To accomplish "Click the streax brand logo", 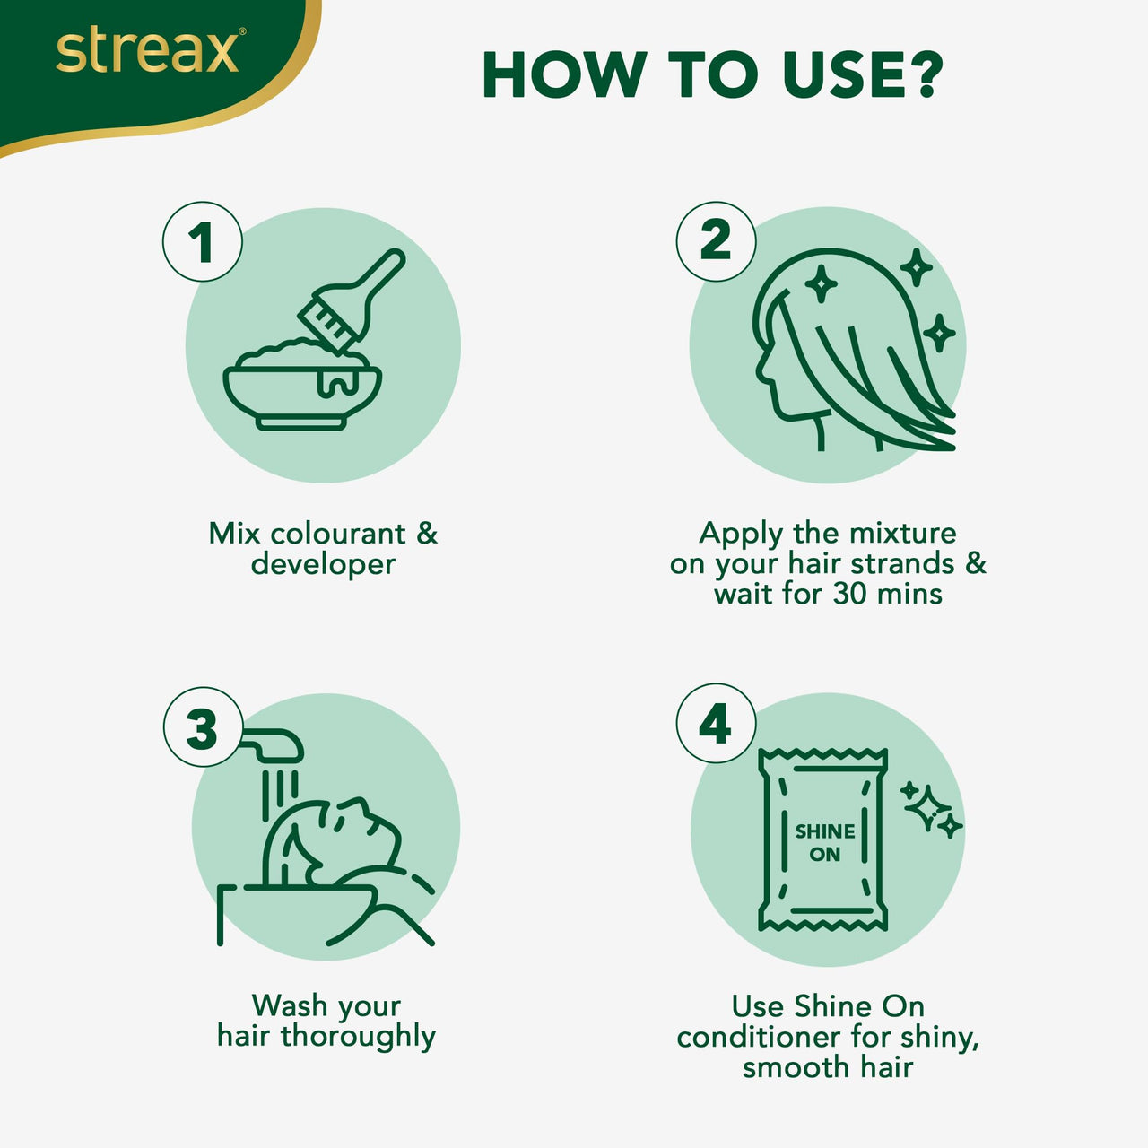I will tap(148, 52).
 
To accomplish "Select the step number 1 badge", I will tap(202, 242).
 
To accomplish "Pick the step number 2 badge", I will tap(715, 241).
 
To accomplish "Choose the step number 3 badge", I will tap(203, 727).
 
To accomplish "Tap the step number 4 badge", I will tap(715, 724).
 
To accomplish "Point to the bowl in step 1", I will tap(302, 390).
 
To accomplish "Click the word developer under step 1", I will tap(323, 564).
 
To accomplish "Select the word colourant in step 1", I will tap(338, 534).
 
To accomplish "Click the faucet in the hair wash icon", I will tap(274, 743).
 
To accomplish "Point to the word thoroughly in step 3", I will tap(358, 1037).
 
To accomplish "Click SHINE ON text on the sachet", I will tap(824, 842).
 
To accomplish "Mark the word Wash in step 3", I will tap(290, 1005).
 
